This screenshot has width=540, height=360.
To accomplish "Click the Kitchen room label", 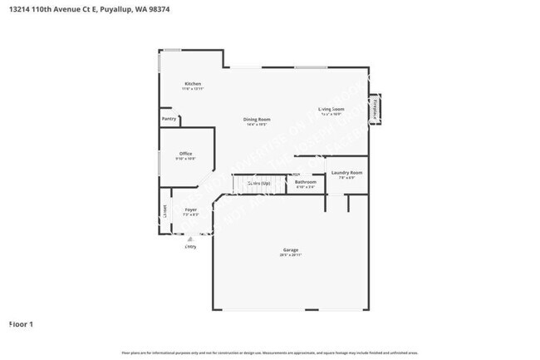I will tap(193, 84).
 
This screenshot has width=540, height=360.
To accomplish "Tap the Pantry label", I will tap(169, 120).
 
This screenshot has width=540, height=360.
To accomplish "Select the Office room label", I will tap(185, 153).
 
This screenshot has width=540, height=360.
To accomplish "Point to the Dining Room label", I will tap(257, 120).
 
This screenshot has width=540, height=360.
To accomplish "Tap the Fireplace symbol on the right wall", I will tap(375, 109).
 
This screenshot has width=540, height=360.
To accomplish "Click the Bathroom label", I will tap(305, 182).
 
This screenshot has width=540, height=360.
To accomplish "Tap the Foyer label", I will tap(190, 210).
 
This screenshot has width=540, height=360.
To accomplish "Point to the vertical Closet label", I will tap(164, 211).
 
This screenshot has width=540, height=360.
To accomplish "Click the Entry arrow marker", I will tap(190, 238).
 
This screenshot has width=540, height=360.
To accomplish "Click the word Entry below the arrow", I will tap(190, 246).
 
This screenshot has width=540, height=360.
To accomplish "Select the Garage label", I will tap(290, 250).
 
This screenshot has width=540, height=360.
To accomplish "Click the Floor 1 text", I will tap(20, 323).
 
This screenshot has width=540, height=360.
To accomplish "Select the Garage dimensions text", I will tap(290, 256).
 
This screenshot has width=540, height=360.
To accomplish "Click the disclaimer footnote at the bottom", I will tap(269, 353).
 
